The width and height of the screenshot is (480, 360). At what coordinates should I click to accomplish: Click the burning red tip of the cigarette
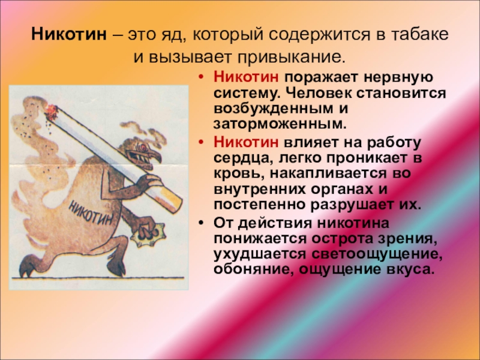tap(52, 110)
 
